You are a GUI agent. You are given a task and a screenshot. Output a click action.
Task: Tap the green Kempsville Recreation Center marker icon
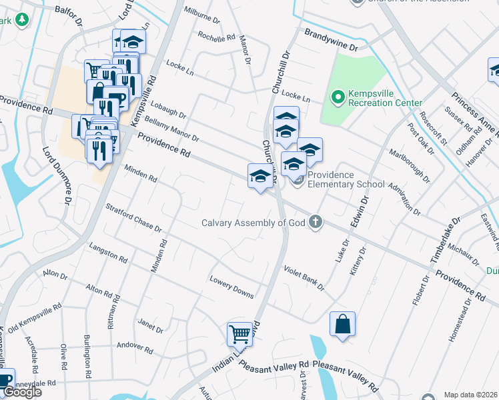(338, 98)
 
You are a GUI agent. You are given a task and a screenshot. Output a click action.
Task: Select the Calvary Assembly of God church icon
(315, 223)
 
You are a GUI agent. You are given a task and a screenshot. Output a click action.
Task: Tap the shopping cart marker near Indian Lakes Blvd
(239, 335)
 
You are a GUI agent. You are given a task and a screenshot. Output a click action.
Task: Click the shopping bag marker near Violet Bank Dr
(342, 324)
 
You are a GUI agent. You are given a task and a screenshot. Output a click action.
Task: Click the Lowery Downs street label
(231, 285)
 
